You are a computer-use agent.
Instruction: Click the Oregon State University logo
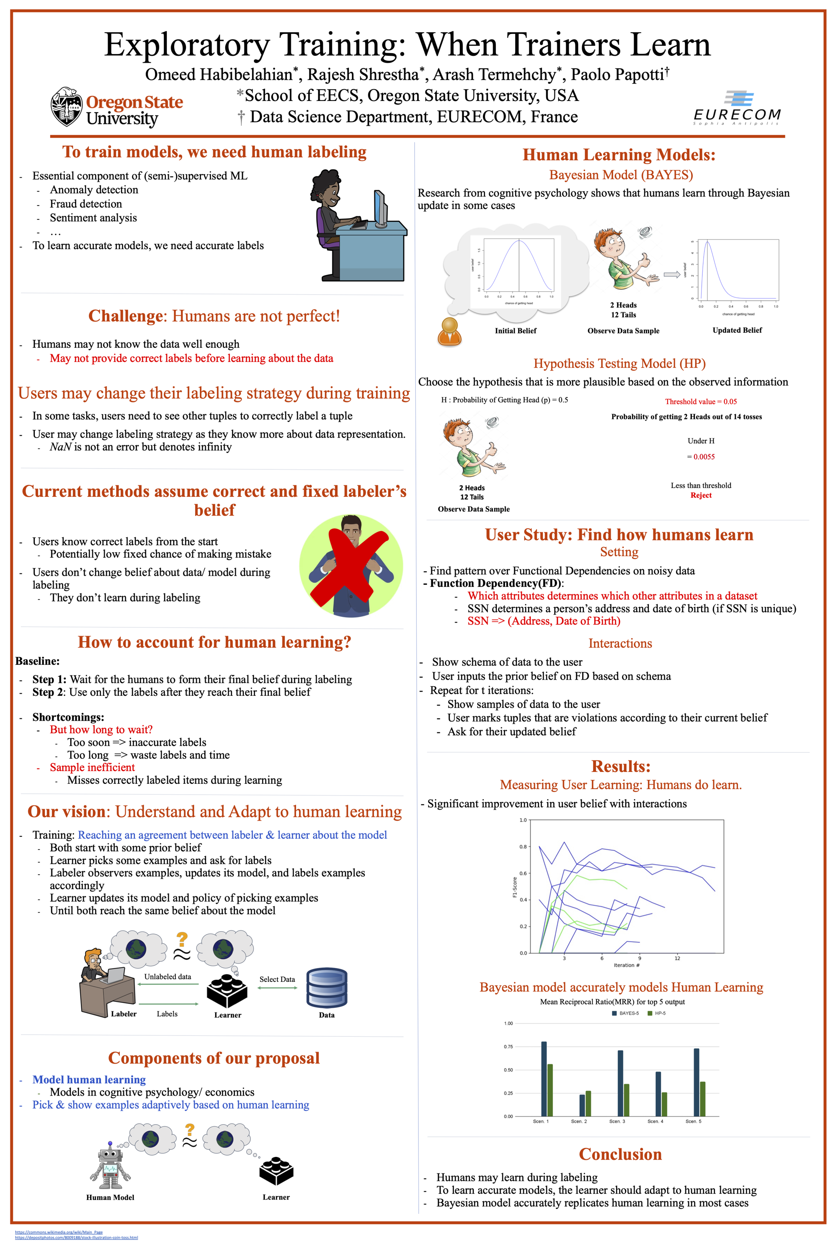tap(117, 107)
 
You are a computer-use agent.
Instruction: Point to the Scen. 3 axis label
tap(617, 1121)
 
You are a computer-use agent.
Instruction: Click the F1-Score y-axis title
tap(515, 887)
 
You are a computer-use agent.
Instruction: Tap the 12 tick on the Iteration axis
tap(677, 958)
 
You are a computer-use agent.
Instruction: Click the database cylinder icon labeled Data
tap(327, 988)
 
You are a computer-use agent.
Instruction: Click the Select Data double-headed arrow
tap(277, 988)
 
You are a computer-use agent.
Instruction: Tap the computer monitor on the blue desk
tap(380, 209)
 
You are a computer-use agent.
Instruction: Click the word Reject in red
tap(701, 496)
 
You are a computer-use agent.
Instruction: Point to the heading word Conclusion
tap(620, 1154)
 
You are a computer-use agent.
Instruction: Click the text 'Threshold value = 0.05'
tap(701, 401)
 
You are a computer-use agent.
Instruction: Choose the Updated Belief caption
tap(737, 330)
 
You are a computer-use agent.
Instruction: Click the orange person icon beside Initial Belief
tap(449, 332)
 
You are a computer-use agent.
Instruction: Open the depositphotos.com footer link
tap(76, 1237)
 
